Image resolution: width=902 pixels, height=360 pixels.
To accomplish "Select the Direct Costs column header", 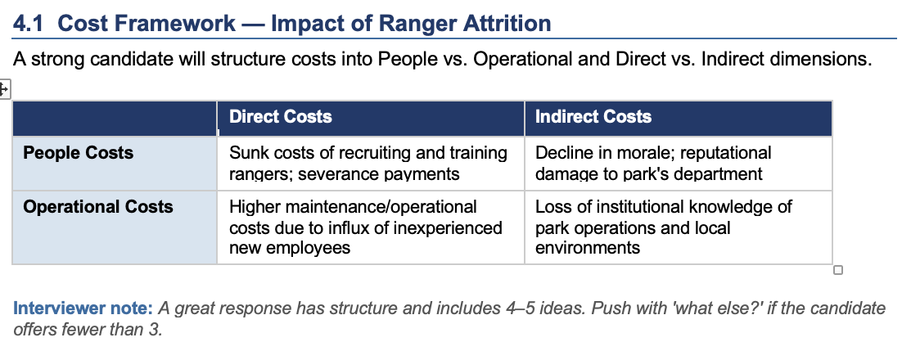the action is [x=281, y=117].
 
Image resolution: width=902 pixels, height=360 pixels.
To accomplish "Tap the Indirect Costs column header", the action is [x=593, y=117].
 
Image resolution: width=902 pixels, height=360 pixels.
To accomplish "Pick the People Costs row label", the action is [x=79, y=153].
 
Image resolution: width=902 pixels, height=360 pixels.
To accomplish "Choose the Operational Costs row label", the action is [x=97, y=207].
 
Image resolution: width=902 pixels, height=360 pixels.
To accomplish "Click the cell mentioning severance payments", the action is [x=371, y=164].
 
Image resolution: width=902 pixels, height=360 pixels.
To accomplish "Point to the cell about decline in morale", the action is [x=679, y=164].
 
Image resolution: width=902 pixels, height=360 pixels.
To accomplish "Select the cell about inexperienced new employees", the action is [x=371, y=227].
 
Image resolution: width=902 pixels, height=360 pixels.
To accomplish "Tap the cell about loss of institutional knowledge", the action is [x=679, y=227].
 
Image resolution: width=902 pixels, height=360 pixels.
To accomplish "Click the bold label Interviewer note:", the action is [x=83, y=308].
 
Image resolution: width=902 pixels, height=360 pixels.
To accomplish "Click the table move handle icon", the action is [x=4, y=89].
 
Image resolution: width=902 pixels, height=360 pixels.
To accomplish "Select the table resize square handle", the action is [x=838, y=270].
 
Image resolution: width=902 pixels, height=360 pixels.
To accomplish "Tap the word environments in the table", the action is [x=588, y=248].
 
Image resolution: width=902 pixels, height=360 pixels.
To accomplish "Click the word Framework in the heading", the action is [x=147, y=24].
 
